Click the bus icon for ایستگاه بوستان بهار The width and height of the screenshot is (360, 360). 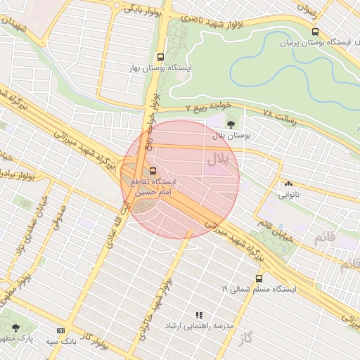(161, 57)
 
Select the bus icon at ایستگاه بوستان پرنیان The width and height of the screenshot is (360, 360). (314, 32)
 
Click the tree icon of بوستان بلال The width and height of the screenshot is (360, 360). (231, 123)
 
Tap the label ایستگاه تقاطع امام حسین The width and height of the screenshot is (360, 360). (153, 186)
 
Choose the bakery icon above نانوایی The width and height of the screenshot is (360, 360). (288, 184)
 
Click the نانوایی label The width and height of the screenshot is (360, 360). (288, 194)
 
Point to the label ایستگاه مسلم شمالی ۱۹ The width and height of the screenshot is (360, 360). (259, 289)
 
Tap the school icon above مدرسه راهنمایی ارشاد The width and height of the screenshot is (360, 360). (198, 315)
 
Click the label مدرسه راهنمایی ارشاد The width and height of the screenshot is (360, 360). (198, 326)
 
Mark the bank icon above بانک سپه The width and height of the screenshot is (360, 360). (60, 330)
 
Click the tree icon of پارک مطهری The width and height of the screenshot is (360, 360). (15, 328)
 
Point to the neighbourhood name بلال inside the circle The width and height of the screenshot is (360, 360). (217, 160)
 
